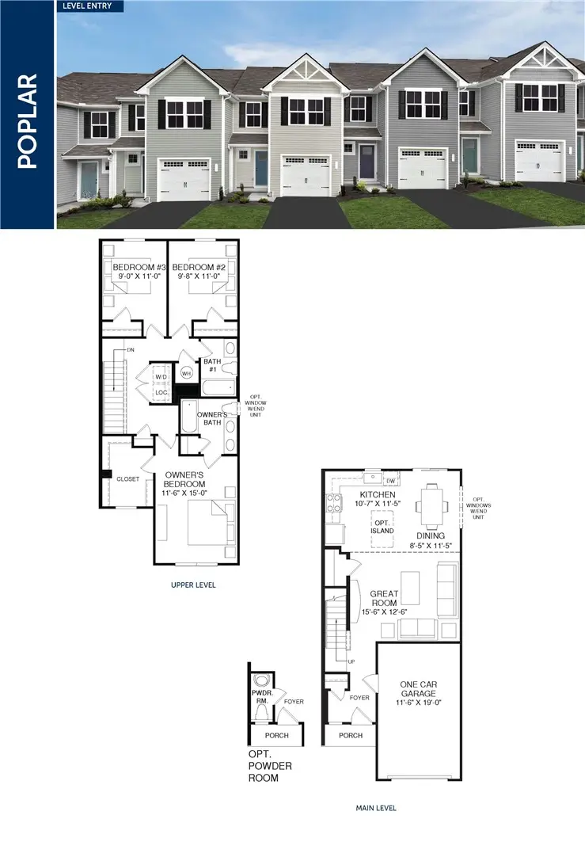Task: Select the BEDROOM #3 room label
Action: (x=134, y=268)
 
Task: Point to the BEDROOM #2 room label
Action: (x=199, y=268)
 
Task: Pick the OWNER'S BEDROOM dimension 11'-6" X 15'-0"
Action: (x=184, y=493)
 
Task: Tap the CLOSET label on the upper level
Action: (x=127, y=479)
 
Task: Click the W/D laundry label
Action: (x=161, y=376)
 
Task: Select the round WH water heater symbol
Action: (x=187, y=371)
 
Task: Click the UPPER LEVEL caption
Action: (x=193, y=585)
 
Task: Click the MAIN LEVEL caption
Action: (x=375, y=808)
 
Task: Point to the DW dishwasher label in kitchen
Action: (x=390, y=481)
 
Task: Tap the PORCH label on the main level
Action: (x=351, y=735)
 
